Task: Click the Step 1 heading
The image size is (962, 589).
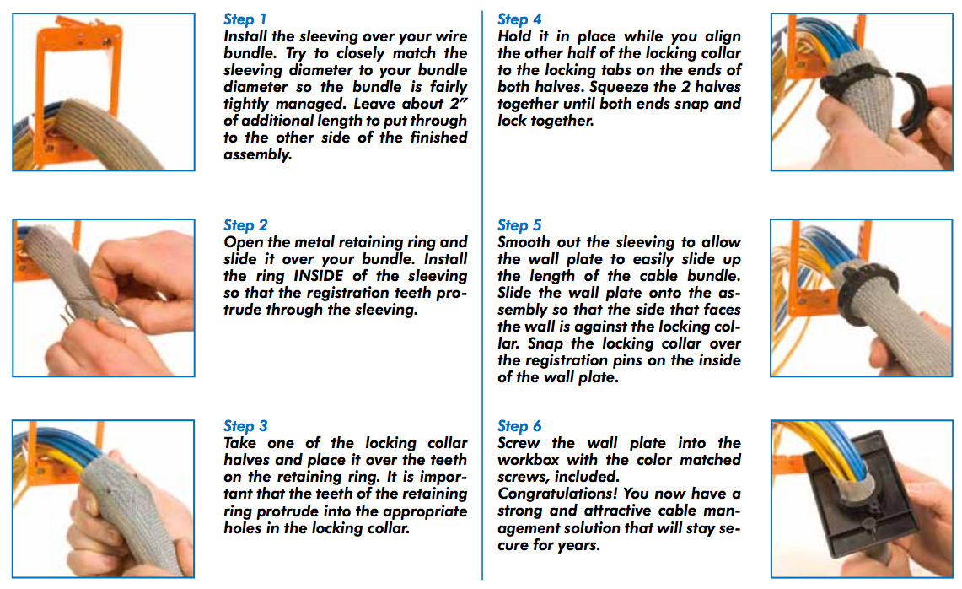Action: tap(245, 19)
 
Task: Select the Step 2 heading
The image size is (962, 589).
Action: tap(245, 225)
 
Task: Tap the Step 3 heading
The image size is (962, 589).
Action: tap(245, 426)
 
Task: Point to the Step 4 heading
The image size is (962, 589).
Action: tap(519, 19)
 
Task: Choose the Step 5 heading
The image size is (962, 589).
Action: tap(519, 225)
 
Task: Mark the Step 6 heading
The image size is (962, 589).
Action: tap(519, 426)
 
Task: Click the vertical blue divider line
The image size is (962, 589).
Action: tap(482, 295)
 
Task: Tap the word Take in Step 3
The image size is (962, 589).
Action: tap(242, 443)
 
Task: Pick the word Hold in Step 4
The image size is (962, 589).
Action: tap(515, 36)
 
